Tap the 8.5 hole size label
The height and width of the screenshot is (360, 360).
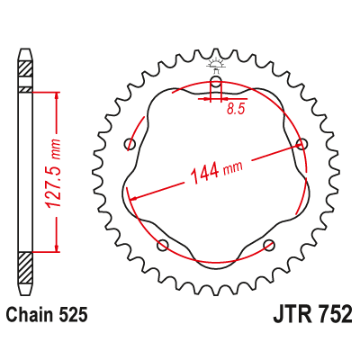point(236,109)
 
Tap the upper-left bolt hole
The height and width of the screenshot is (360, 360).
point(130,144)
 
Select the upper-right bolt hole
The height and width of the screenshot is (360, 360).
point(301,143)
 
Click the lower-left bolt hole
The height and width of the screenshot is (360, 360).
point(163,245)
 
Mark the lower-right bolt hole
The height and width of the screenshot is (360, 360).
point(268,245)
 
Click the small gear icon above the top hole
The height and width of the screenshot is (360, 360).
point(216,63)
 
